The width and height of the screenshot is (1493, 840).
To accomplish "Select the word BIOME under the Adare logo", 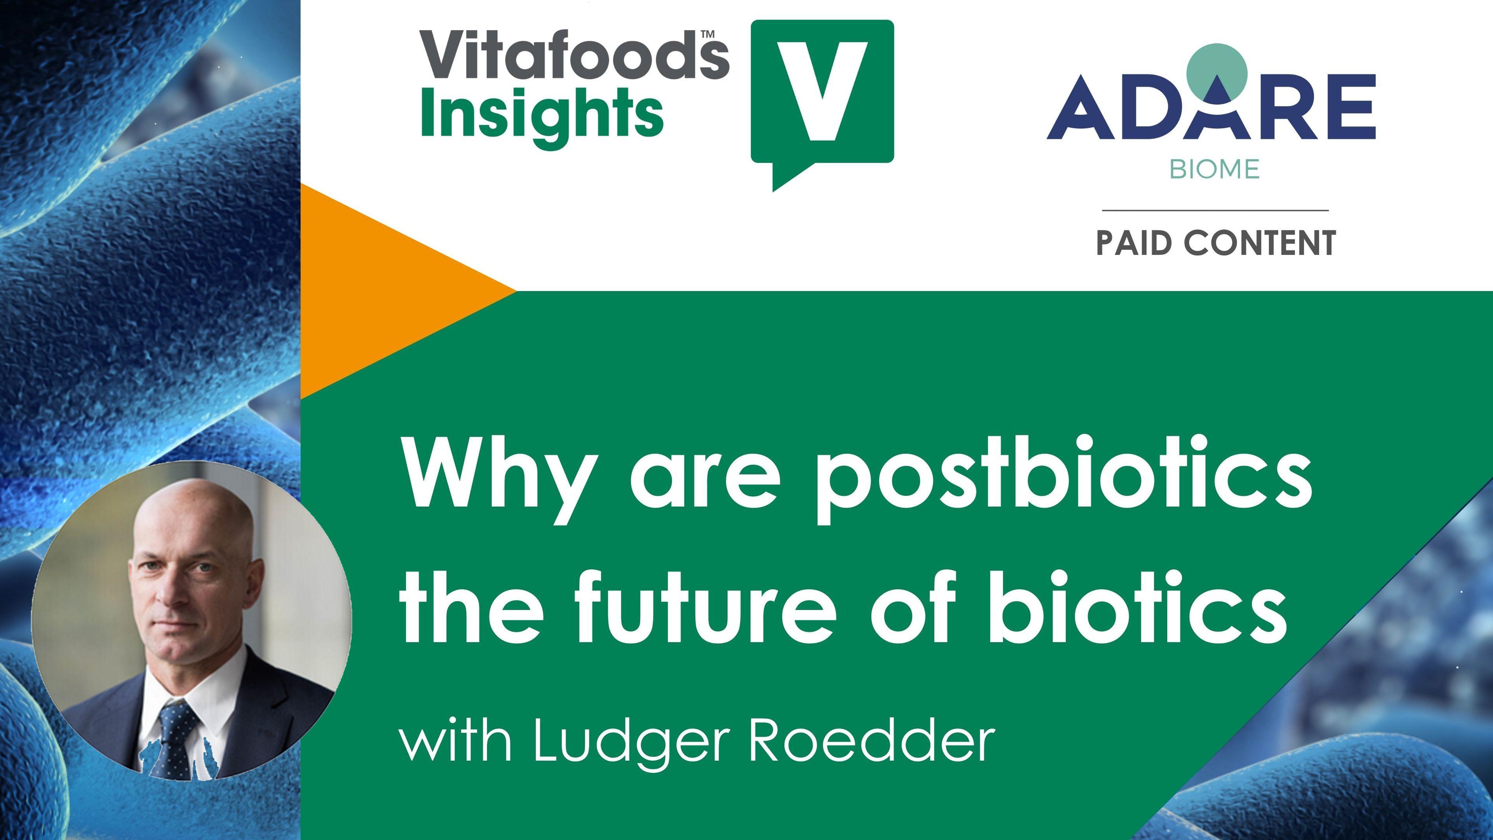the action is pos(1214,169).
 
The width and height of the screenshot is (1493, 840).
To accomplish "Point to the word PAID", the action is pos(1134,243).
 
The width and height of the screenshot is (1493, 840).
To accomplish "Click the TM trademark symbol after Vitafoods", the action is pos(707,34).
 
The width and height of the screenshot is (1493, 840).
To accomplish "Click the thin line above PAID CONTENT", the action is pos(1215,210).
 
